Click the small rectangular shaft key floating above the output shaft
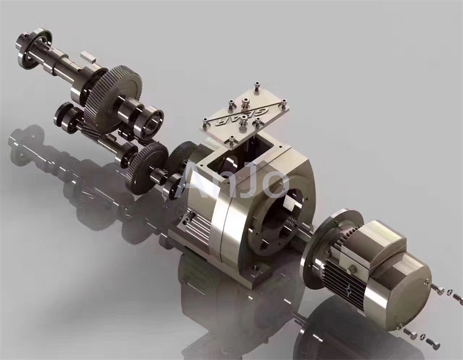pos(88,56)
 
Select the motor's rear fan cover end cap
pos(403,293)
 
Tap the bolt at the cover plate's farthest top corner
pos(257,88)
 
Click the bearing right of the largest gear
pos(152,118)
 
